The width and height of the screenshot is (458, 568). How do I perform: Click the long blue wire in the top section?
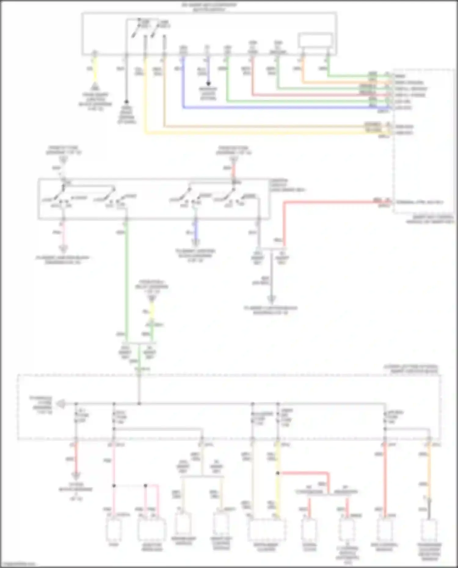pos(275,108)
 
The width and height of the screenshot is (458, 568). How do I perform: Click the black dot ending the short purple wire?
pos(209,83)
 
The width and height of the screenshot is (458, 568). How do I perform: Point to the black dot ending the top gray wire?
pos(126,102)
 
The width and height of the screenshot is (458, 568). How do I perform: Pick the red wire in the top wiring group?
pos(305,95)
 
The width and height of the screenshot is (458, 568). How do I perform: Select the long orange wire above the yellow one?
pos(260,126)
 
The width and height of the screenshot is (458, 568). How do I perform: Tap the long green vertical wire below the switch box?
pos(126,275)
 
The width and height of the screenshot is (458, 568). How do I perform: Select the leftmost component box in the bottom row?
pos(114,530)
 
